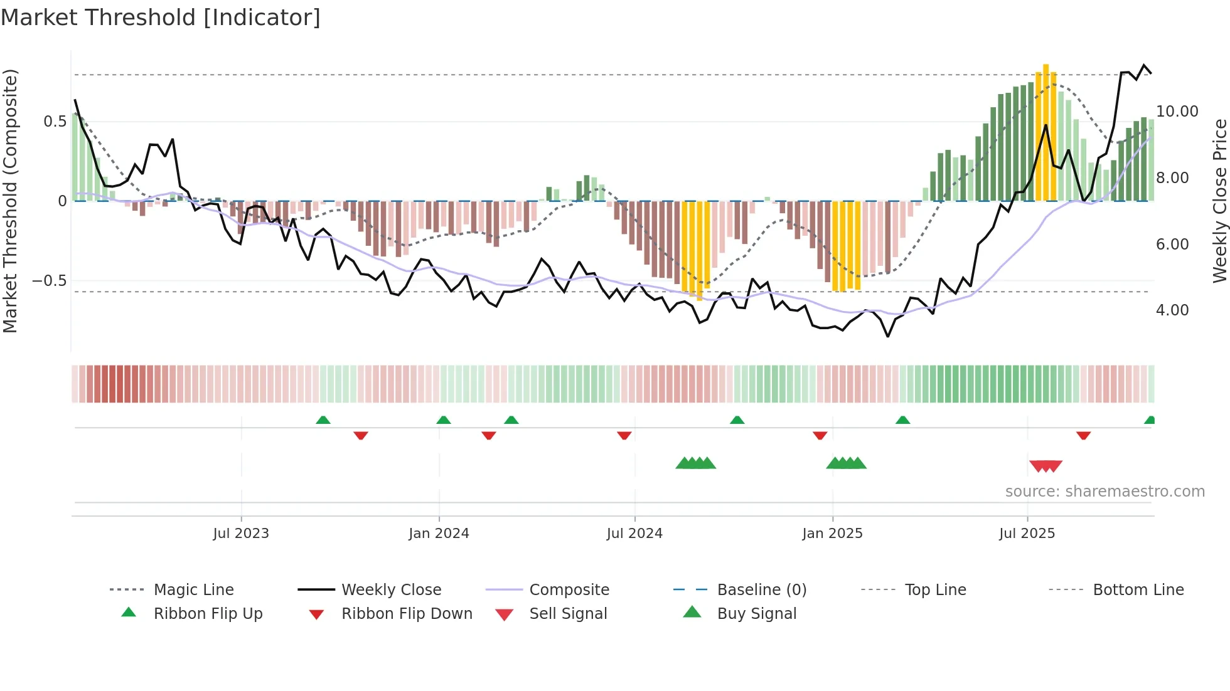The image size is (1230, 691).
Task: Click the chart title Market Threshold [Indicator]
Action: pyautogui.click(x=161, y=18)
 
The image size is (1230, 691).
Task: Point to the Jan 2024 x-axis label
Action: pyautogui.click(x=439, y=534)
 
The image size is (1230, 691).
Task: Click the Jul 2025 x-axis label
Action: pyautogui.click(x=1027, y=534)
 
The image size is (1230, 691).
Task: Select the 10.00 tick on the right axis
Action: pyautogui.click(x=1177, y=112)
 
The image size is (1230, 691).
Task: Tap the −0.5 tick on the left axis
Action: pyautogui.click(x=50, y=280)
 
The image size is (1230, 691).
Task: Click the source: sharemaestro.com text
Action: pyautogui.click(x=1104, y=492)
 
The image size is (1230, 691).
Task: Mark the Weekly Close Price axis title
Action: pyautogui.click(x=1219, y=201)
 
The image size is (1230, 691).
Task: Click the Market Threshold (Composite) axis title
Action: pyautogui.click(x=10, y=201)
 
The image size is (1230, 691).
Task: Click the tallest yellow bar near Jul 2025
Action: pyautogui.click(x=1045, y=132)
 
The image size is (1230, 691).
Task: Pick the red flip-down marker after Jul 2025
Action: pyautogui.click(x=1083, y=435)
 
